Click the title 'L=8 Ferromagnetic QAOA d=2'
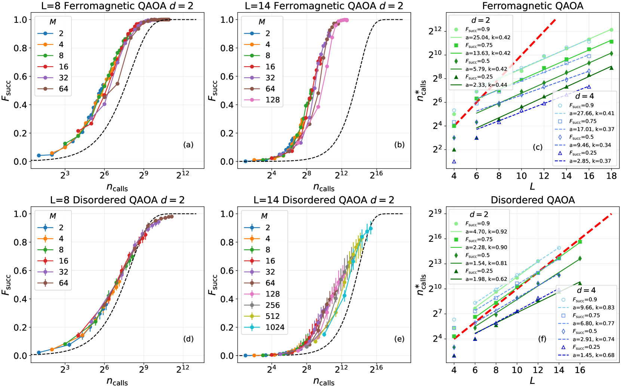[117, 6]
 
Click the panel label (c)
[538, 147]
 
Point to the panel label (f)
[542, 339]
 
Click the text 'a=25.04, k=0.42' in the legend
[488, 37]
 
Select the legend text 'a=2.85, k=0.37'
[590, 161]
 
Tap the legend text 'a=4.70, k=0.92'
[486, 232]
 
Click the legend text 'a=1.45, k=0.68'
[593, 355]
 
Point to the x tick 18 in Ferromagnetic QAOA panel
[611, 176]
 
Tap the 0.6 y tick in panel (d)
[21, 271]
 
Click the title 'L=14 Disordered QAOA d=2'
[324, 200]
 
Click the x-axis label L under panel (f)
[532, 381]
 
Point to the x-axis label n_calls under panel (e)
[324, 382]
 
